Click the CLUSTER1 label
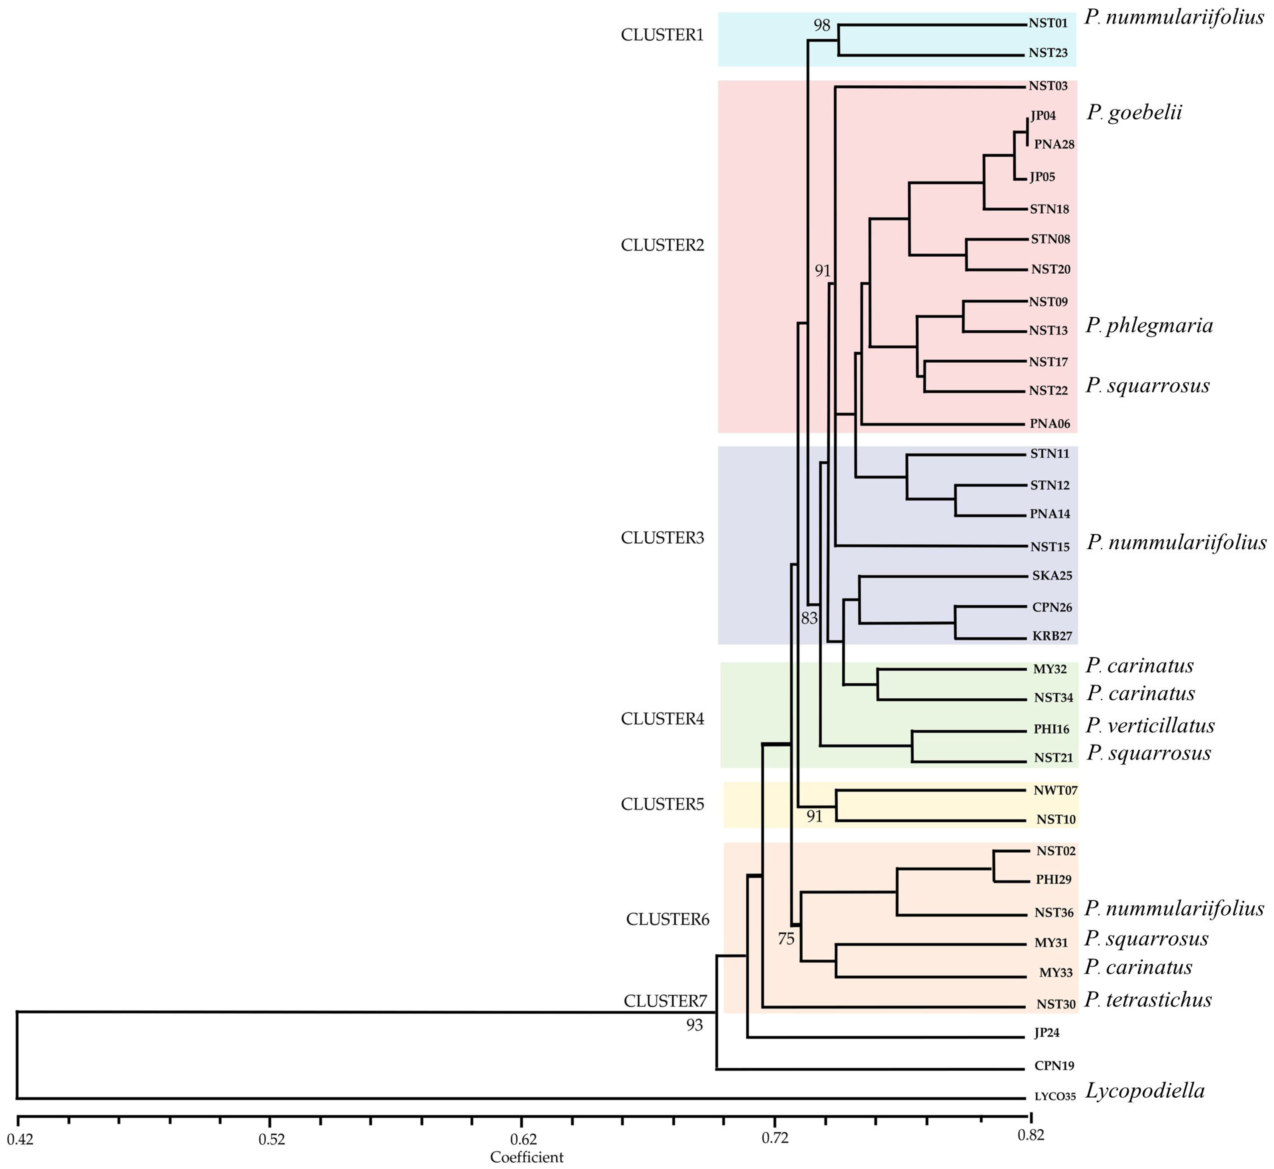pos(662,36)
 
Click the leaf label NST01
pos(1048,23)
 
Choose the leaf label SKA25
pos(1052,576)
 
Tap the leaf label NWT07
pos(1055,790)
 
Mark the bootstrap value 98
pos(822,26)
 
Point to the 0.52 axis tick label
pos(272,1139)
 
